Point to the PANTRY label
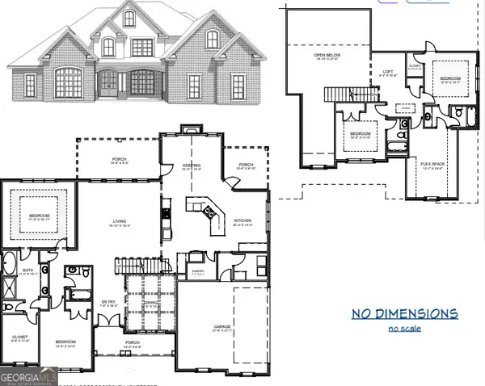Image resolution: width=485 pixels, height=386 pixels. pyautogui.click(x=197, y=272)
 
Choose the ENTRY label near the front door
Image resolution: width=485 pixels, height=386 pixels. pyautogui.click(x=108, y=304)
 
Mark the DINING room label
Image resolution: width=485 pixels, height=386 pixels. pyautogui.click(x=150, y=304)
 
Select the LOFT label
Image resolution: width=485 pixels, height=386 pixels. pyautogui.click(x=387, y=72)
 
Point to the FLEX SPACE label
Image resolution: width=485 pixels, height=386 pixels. pyautogui.click(x=433, y=165)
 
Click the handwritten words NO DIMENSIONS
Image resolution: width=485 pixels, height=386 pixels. pyautogui.click(x=405, y=313)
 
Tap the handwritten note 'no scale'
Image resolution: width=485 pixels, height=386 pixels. pyautogui.click(x=405, y=329)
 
